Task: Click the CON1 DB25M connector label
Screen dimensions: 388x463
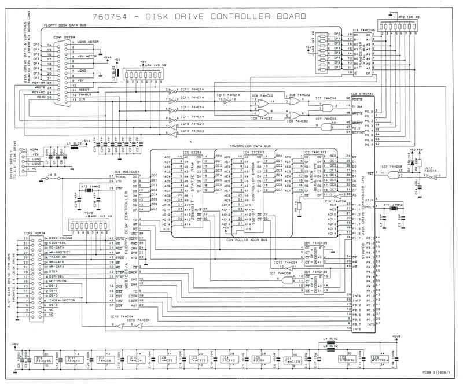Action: tap(66, 38)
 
